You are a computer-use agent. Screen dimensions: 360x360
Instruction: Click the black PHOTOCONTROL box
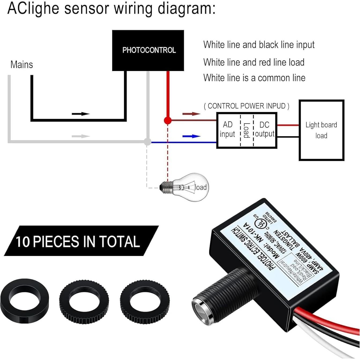pyautogui.click(x=148, y=50)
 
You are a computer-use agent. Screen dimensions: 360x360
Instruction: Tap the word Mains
pyautogui.click(x=21, y=65)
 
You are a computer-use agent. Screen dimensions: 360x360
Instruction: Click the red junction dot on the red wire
pyautogui.click(x=168, y=120)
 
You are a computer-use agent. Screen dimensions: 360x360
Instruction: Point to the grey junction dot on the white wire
pyautogui.click(x=147, y=142)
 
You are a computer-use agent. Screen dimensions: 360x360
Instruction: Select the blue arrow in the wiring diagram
pyautogui.click(x=191, y=136)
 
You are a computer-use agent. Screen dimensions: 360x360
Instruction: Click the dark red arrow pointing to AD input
pyautogui.click(x=191, y=114)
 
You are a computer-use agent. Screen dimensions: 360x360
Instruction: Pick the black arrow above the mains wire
pyautogui.click(x=80, y=114)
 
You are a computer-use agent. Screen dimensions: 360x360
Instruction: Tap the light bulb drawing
pyautogui.click(x=188, y=187)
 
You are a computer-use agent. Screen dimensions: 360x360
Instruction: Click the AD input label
pyautogui.click(x=227, y=129)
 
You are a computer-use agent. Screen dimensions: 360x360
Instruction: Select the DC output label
pyautogui.click(x=265, y=129)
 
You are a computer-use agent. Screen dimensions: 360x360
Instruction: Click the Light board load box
pyautogui.click(x=321, y=130)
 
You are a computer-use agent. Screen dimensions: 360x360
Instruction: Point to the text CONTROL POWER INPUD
pyautogui.click(x=247, y=106)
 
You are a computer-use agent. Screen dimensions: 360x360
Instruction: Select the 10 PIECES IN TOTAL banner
pyautogui.click(x=78, y=241)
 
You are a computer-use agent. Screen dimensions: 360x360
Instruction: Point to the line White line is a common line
pyautogui.click(x=254, y=78)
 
